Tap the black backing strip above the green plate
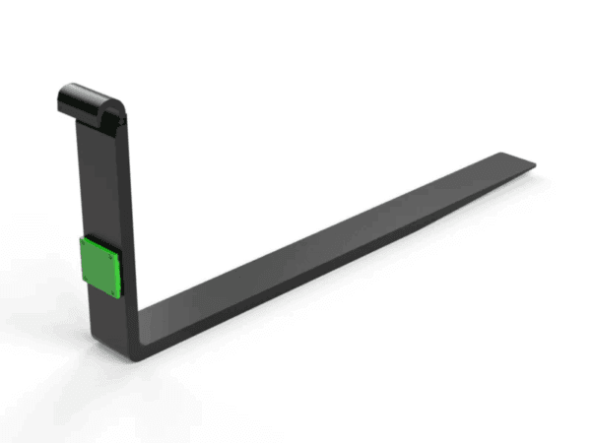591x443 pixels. click(x=98, y=237)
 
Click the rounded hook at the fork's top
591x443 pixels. click(x=91, y=99)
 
